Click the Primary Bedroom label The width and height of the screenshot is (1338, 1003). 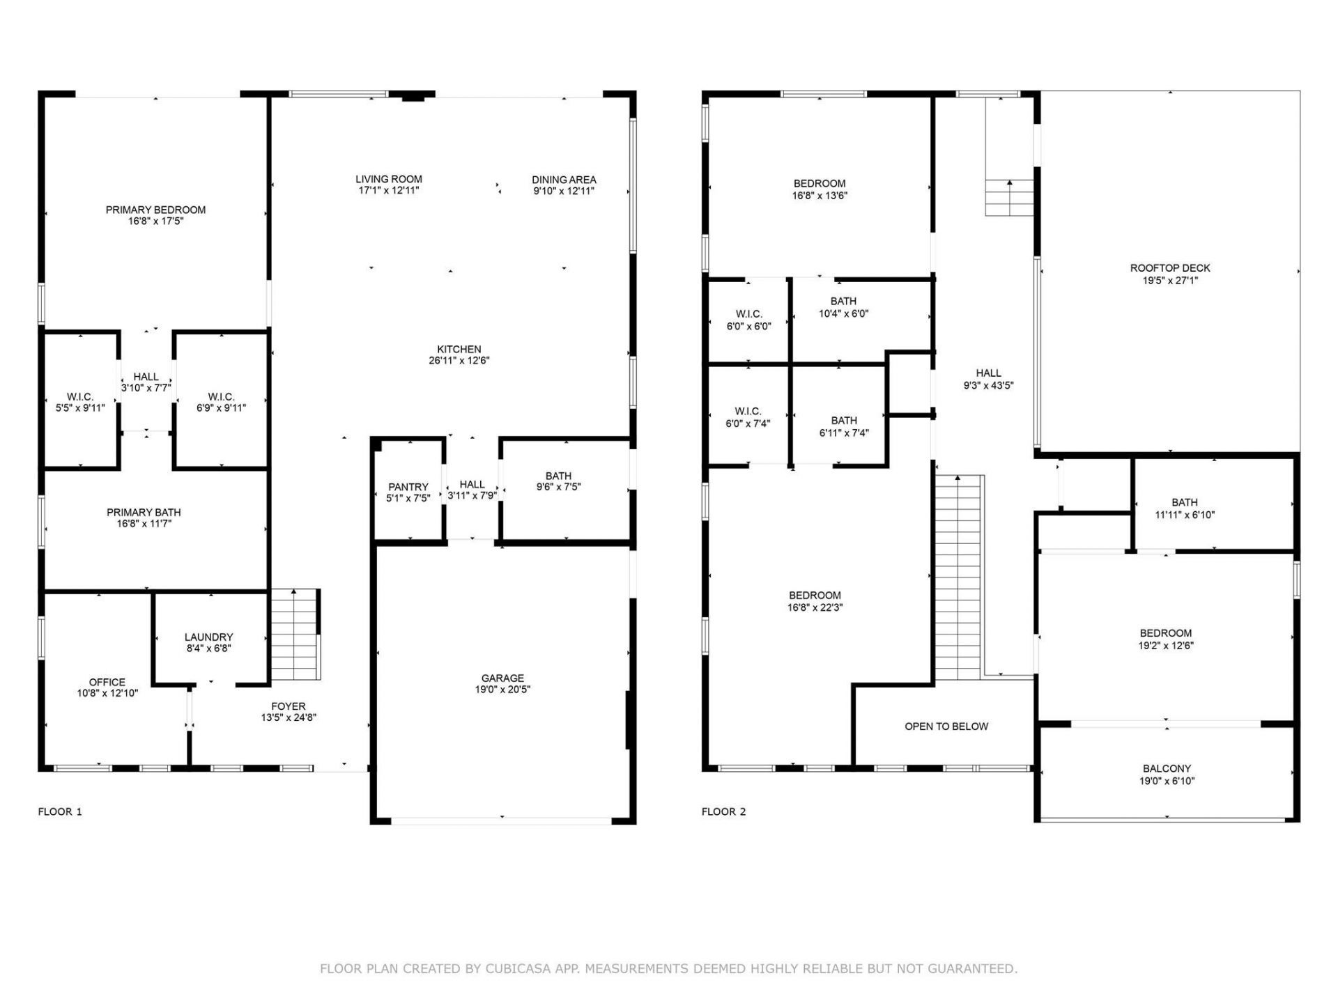[155, 210]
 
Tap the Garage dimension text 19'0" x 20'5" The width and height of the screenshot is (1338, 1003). [502, 690]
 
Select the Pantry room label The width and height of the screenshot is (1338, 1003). [408, 487]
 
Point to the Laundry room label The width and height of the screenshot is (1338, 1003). [208, 637]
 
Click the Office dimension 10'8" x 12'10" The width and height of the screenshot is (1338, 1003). [107, 693]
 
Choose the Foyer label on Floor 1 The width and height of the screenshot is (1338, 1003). [289, 706]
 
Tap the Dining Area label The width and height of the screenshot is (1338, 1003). [564, 180]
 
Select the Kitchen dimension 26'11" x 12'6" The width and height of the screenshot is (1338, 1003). [459, 361]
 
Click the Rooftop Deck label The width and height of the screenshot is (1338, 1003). [1169, 268]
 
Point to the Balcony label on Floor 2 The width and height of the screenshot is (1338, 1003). [1167, 769]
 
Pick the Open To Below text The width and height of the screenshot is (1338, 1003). [946, 726]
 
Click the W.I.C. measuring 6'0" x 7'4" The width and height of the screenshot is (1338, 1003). [748, 417]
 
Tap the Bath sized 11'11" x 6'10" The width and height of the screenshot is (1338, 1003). [1185, 508]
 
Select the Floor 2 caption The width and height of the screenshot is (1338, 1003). [723, 811]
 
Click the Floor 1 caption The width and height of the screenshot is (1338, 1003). [60, 811]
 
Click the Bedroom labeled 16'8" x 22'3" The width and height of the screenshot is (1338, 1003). [815, 601]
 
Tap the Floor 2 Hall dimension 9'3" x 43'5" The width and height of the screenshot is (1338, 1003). [988, 385]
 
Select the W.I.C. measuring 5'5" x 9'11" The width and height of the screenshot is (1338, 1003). [80, 403]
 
